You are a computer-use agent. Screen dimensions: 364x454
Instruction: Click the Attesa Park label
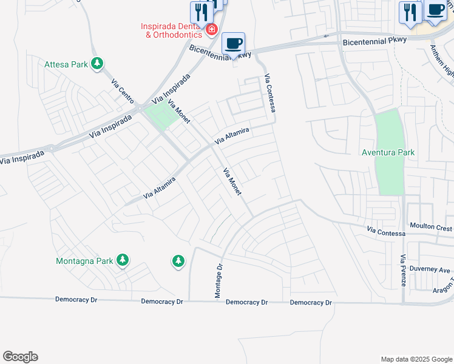point(66,64)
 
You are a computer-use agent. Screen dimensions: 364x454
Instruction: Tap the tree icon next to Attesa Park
point(97,64)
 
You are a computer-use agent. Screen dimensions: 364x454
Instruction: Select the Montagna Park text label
point(84,261)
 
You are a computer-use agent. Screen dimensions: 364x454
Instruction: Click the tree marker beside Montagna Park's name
point(123,260)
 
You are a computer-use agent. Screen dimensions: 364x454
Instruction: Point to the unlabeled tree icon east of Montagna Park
point(177,261)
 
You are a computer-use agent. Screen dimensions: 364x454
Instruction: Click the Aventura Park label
point(388,152)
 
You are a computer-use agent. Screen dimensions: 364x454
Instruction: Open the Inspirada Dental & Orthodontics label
point(171,30)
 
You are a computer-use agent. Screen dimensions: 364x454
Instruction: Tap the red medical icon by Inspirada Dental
point(211,29)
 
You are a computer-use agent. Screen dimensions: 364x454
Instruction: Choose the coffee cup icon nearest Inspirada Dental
point(234,43)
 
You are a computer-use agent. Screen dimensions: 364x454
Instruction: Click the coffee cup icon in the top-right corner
point(435,10)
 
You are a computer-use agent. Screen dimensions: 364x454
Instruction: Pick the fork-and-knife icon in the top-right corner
point(410,12)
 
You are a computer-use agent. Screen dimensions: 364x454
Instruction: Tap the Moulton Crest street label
point(430,228)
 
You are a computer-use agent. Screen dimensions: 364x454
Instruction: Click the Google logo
point(20,357)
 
